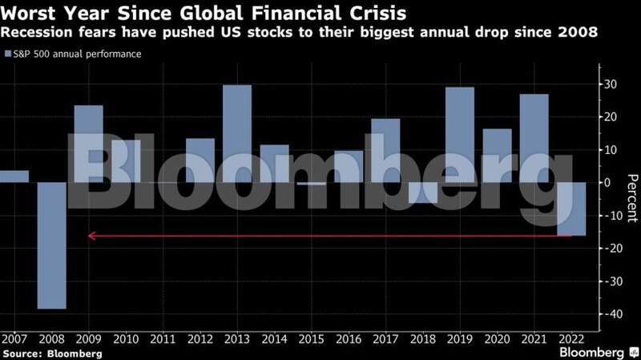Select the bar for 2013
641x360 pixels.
[237, 133]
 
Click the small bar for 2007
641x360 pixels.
[14, 176]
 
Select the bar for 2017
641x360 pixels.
[385, 150]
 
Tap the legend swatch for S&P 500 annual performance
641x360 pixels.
[8, 55]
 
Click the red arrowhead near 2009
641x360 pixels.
[91, 236]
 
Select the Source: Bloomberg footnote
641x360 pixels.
[52, 354]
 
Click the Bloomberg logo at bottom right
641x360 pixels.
[591, 352]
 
